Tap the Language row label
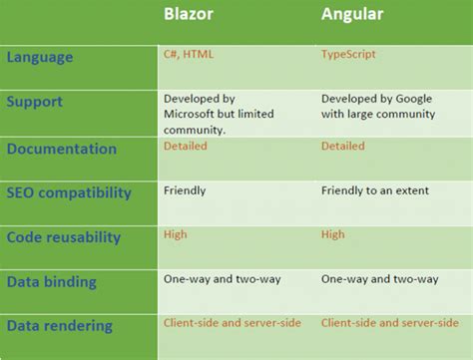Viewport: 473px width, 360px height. (40, 57)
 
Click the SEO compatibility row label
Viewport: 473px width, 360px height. (69, 192)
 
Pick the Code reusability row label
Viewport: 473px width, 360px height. (64, 236)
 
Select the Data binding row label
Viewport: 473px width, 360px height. (52, 282)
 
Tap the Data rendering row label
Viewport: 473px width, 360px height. (59, 326)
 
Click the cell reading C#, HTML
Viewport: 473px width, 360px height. (190, 54)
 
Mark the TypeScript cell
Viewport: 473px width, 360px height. (348, 54)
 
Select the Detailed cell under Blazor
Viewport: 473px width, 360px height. (186, 146)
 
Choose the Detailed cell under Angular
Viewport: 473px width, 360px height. (343, 146)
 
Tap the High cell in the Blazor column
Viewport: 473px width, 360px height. (177, 233)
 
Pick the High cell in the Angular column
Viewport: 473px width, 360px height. (333, 233)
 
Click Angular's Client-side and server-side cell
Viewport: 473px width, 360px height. (390, 323)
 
